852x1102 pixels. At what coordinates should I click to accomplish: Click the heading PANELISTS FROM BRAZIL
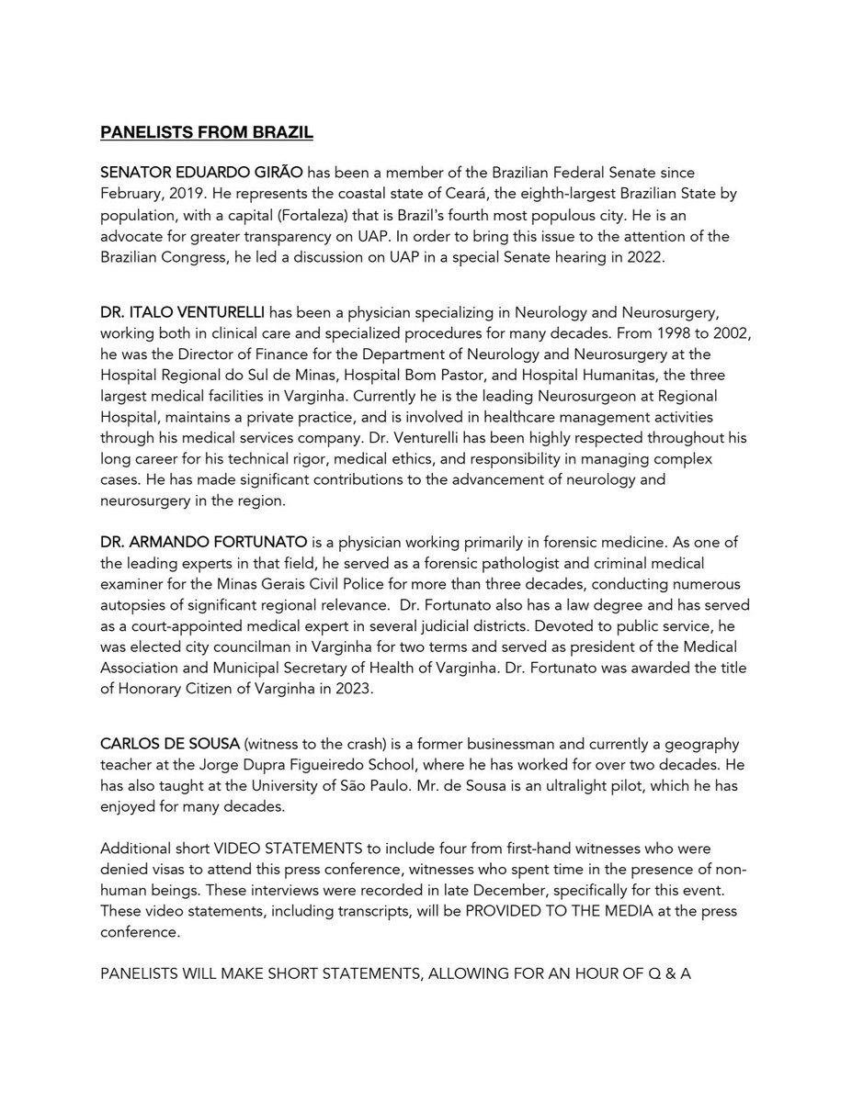click(207, 133)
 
